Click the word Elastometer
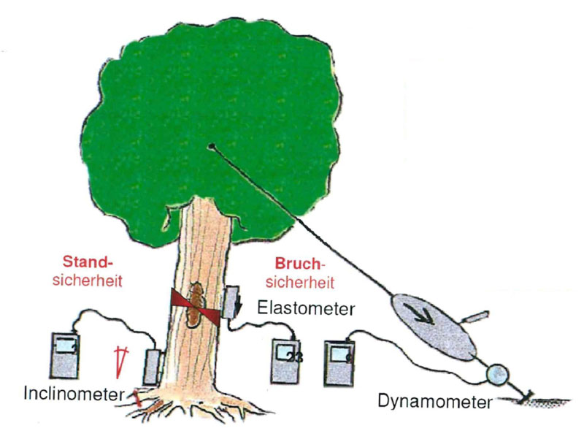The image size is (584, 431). point(307,309)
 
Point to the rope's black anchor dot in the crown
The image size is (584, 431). point(211,146)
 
